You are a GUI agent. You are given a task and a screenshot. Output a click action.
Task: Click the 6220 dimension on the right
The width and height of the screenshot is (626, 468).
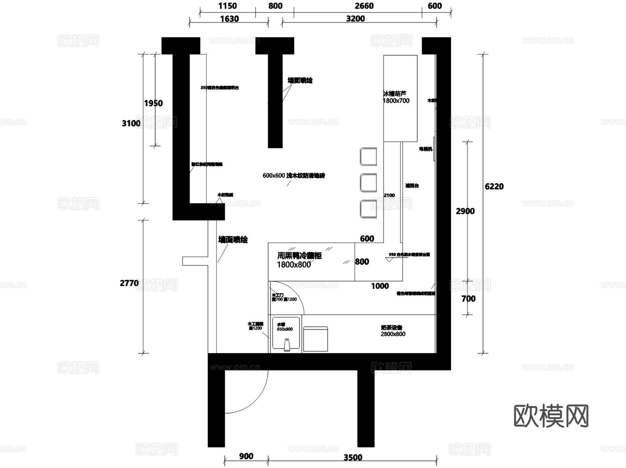pyautogui.click(x=494, y=187)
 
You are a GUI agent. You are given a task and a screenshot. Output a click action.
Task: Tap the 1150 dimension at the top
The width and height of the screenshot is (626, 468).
pyautogui.click(x=227, y=6)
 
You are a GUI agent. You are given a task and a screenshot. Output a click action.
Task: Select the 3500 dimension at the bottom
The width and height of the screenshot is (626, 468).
pyautogui.click(x=353, y=458)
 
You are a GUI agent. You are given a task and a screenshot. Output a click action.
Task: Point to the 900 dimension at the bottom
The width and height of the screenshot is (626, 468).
pyautogui.click(x=246, y=456)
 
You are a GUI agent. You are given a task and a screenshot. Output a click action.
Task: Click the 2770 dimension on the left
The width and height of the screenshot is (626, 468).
pyautogui.click(x=129, y=283)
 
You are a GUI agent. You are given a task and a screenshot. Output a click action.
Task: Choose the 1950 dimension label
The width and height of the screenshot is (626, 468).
pyautogui.click(x=153, y=103)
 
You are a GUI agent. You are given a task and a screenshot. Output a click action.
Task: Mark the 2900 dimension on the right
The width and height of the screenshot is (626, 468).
pyautogui.click(x=465, y=211)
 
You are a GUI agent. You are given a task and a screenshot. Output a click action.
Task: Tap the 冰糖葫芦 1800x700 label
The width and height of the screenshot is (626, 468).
pyautogui.click(x=396, y=97)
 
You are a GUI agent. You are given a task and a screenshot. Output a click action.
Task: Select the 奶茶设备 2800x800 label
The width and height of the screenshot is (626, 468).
pyautogui.click(x=393, y=331)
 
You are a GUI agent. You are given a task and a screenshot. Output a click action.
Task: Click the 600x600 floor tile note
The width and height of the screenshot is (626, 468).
pyautogui.click(x=294, y=176)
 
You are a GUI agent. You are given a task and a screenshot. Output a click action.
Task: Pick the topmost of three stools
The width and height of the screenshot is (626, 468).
pyautogui.click(x=368, y=157)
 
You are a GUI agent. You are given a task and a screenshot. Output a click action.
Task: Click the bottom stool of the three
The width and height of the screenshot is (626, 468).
pyautogui.click(x=368, y=209)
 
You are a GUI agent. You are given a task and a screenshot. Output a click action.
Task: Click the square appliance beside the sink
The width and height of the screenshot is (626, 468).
pyautogui.click(x=315, y=339)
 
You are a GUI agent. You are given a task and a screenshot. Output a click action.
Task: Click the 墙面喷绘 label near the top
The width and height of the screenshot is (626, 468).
pyautogui.click(x=300, y=81)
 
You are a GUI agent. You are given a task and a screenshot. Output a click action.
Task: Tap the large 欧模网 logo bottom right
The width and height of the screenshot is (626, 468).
pyautogui.click(x=551, y=416)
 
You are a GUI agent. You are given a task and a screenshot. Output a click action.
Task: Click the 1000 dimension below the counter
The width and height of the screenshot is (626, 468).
pyautogui.click(x=380, y=286)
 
